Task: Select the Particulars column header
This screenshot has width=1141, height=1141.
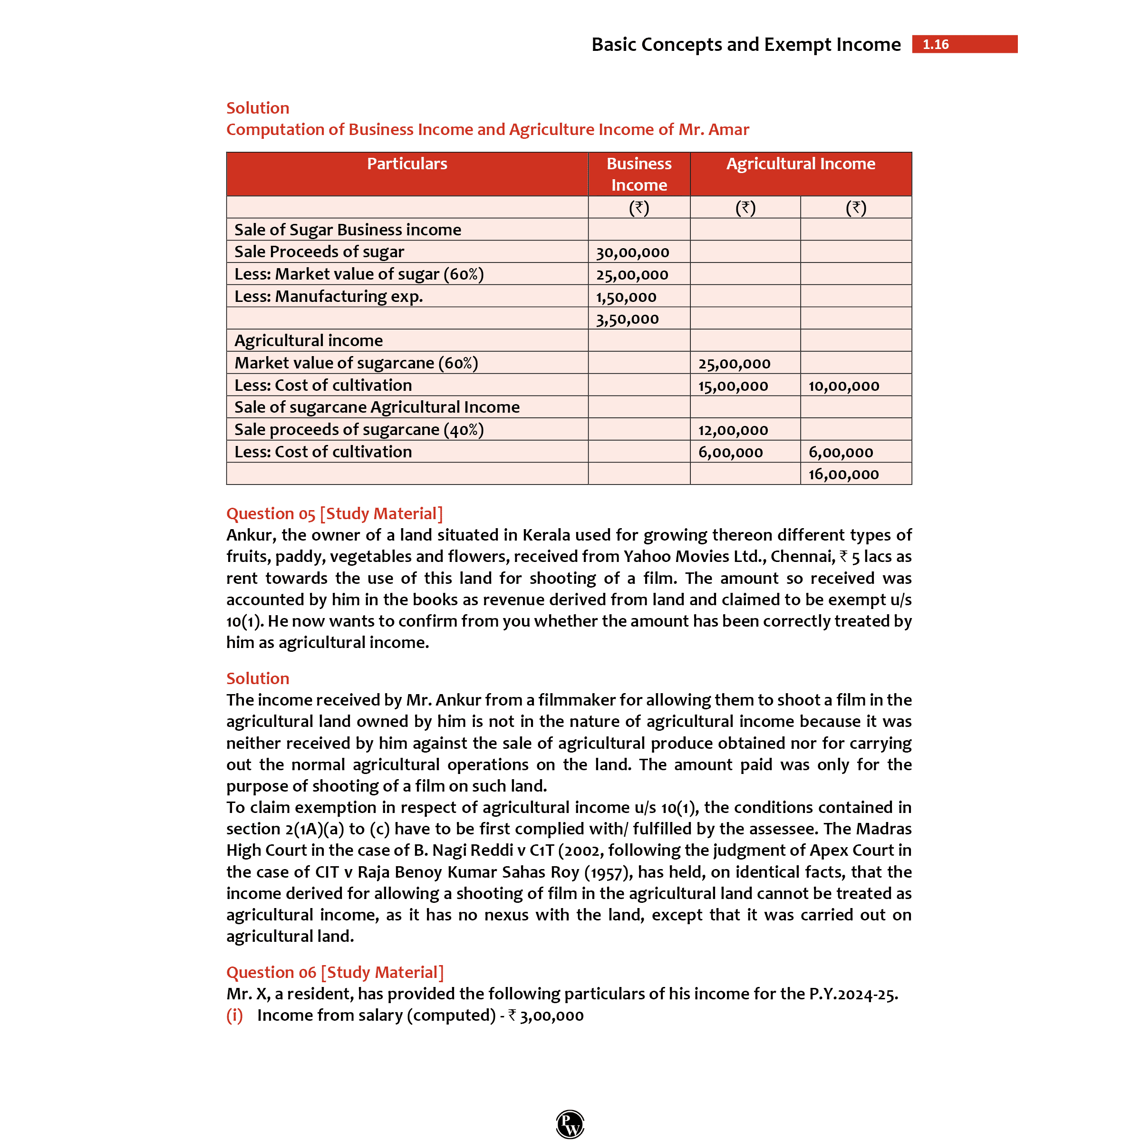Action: coord(407,164)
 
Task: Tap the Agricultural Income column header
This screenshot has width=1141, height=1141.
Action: coord(800,164)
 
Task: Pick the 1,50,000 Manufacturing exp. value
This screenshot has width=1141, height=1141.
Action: coord(626,297)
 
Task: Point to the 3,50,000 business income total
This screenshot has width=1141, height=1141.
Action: coord(627,319)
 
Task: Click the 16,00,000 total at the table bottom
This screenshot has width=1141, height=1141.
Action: coord(843,474)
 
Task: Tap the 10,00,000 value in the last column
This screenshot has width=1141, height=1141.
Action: coord(843,386)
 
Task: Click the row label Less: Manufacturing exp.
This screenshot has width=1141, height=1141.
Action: coord(329,297)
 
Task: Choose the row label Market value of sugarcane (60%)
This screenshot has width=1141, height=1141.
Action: coord(356,363)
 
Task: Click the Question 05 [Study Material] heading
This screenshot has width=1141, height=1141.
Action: coord(334,513)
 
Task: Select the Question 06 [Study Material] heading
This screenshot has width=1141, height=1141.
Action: coord(335,972)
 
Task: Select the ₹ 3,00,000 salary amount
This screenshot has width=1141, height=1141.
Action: coord(546,1016)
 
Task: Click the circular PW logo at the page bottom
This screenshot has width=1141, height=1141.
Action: coord(570,1123)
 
